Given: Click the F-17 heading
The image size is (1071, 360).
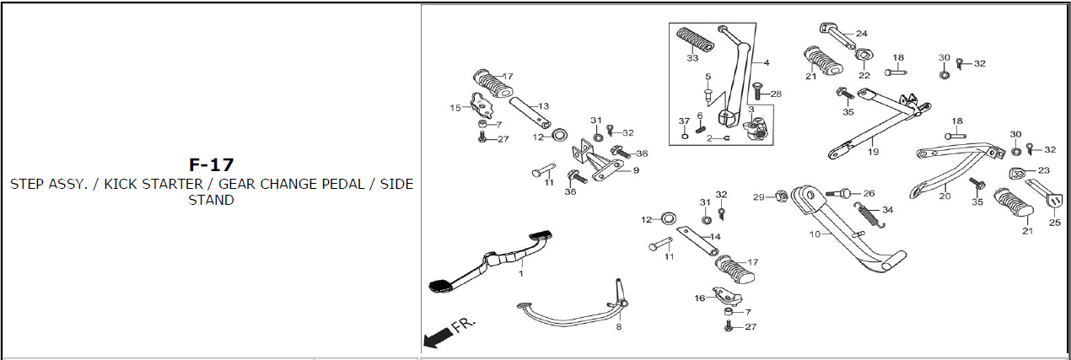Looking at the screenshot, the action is tap(212, 165).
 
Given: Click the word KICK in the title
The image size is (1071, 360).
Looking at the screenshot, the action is tap(121, 184).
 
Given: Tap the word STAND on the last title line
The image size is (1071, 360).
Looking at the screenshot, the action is tap(212, 200).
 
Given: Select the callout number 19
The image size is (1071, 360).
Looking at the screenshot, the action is tap(873, 152).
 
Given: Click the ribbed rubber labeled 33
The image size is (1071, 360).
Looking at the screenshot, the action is tap(695, 40).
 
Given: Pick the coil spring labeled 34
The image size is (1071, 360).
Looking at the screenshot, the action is tap(869, 215).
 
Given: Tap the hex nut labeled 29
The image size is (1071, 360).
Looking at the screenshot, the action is tap(780, 196).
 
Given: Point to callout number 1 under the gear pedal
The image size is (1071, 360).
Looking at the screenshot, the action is tap(521, 274).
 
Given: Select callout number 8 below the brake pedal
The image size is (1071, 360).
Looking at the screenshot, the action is tap(619, 327).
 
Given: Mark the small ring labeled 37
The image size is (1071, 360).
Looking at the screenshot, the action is tap(685, 137).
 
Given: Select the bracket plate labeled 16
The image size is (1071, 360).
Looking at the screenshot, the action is tap(727, 295).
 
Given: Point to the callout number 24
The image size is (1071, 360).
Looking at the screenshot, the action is tap(862, 34).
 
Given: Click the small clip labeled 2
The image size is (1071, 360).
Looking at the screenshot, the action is tap(726, 138).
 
